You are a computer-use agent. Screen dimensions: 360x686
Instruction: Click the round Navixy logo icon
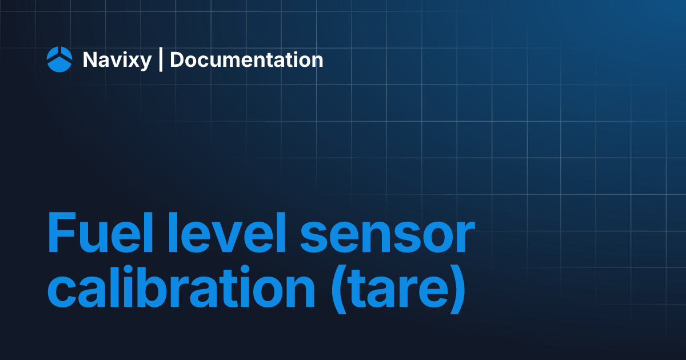[x=59, y=59]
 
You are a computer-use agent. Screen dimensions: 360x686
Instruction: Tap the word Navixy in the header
[x=117, y=60]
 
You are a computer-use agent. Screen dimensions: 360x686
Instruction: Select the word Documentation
[x=246, y=59]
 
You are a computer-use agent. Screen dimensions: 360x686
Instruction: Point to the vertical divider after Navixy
[x=161, y=59]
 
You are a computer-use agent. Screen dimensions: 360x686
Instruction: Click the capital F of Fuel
[x=60, y=234]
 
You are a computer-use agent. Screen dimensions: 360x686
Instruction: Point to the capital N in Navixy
[x=90, y=59]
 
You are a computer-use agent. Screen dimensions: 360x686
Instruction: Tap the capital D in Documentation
[x=177, y=59]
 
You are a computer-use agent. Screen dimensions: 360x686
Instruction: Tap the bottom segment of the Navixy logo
[x=59, y=66]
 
